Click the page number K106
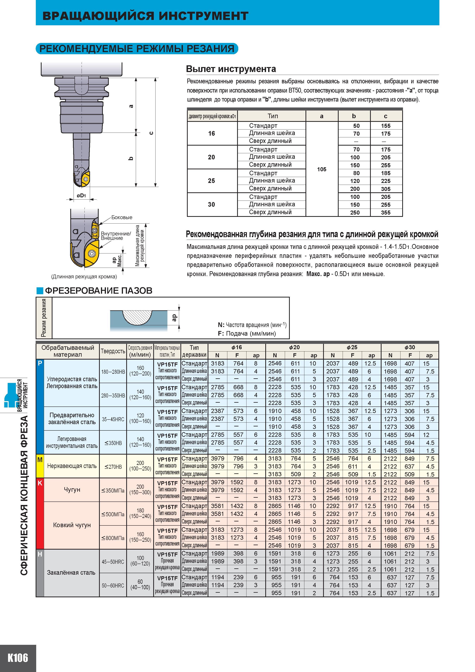(x=18, y=658)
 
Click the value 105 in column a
(x=322, y=169)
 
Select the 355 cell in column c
(x=386, y=212)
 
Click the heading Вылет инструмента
(x=231, y=69)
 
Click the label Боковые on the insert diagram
(x=122, y=217)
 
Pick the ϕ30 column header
(x=410, y=347)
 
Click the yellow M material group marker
(x=40, y=466)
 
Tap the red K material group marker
(x=40, y=513)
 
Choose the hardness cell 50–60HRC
(x=113, y=585)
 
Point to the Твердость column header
(x=113, y=351)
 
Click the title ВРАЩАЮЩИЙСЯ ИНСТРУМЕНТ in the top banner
(x=145, y=16)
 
